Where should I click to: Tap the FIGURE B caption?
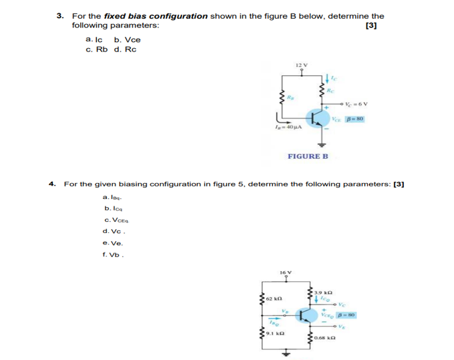point(308,156)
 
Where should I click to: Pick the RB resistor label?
point(290,98)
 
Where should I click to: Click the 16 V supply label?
point(286,273)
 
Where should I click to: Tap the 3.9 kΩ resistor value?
point(324,293)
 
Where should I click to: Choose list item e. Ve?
point(111,243)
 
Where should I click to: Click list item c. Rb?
point(97,49)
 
